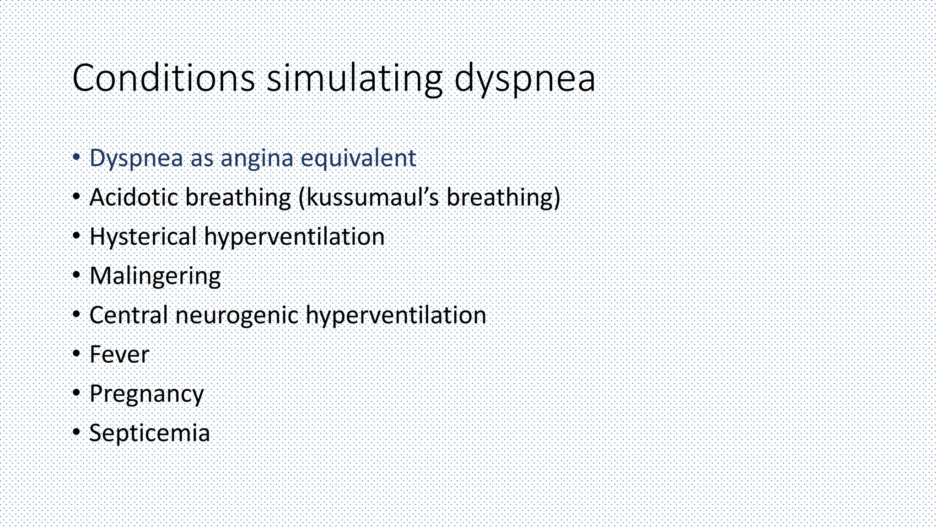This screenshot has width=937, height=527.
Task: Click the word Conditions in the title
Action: pos(163,78)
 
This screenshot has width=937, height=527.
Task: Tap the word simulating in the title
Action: pos(355,79)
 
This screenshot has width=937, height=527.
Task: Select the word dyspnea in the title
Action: pos(525,79)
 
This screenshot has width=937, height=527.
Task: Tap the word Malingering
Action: pos(155,276)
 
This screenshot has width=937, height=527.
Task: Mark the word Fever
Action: pos(119,355)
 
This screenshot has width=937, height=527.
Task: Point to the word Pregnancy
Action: pos(146,394)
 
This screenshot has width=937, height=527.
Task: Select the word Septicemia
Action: pos(150,433)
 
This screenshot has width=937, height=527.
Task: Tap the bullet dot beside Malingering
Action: pos(76,275)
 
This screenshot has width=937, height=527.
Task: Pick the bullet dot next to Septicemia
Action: pos(76,432)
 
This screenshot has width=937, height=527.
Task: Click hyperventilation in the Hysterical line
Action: pos(294,237)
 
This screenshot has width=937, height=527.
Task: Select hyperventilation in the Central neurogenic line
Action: pos(396,315)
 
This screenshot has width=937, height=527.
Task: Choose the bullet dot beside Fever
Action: pos(76,354)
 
